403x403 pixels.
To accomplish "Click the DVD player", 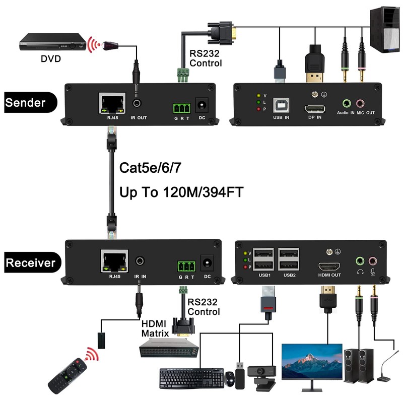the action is point(53,42).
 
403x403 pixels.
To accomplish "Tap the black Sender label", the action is point(30,102).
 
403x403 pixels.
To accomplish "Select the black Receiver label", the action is point(32,262).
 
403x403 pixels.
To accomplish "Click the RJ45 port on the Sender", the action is point(112,103).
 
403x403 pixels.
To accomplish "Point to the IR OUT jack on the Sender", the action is point(137,103).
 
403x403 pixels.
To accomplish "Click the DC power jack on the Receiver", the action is point(207,263).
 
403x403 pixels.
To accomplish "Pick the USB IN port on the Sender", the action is point(281,105).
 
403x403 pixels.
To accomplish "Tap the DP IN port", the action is point(315,109).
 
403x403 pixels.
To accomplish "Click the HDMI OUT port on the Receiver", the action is point(329,266).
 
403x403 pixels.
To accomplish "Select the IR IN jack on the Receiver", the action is point(140,261).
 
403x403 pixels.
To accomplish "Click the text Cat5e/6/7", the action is point(150,168).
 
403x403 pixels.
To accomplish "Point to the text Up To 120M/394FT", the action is point(181,192).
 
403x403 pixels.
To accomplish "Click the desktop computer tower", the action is point(385,30).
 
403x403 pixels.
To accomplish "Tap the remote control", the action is point(68,375).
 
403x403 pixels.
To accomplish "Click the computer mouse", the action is point(230,378).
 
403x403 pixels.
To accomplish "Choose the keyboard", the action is point(192,378).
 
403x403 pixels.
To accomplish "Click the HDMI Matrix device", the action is point(169,348).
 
